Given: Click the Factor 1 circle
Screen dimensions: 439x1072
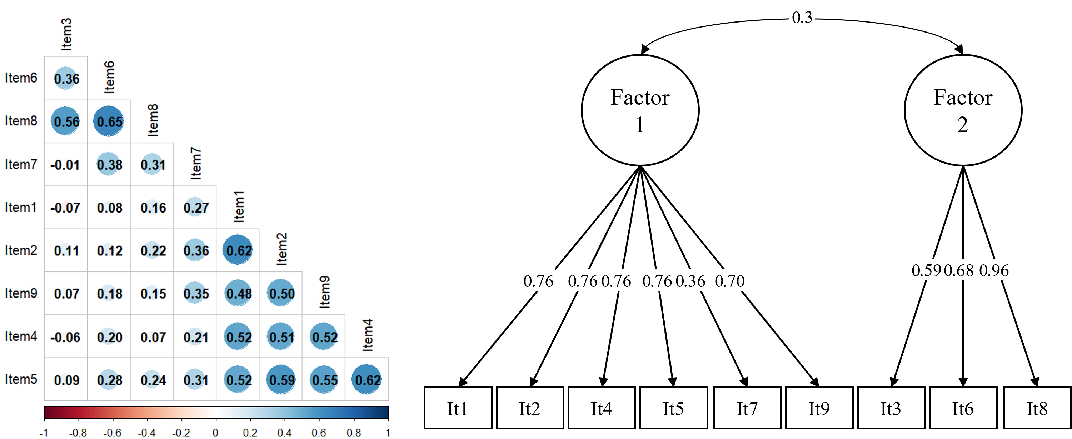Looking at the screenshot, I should [640, 110].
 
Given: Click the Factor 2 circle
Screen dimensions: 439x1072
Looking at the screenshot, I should [963, 110].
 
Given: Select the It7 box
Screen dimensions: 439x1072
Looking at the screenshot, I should [747, 408].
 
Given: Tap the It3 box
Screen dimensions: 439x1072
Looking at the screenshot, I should [891, 408].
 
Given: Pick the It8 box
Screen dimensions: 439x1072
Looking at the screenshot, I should [1037, 408].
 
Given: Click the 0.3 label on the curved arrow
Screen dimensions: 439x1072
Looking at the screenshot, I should [802, 18].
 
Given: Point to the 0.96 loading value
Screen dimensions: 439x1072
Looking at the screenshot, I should [994, 270].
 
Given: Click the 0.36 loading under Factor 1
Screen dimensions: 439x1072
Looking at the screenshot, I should [690, 281].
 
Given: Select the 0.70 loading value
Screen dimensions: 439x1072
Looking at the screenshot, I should [729, 281].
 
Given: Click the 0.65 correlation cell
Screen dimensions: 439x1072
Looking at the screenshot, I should [109, 121].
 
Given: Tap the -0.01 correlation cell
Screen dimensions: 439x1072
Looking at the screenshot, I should [65, 165].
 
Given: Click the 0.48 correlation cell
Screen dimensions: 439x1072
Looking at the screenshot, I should [239, 294].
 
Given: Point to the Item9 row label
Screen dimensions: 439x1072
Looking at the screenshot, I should [21, 293].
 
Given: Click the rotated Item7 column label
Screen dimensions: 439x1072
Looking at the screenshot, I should [196, 163].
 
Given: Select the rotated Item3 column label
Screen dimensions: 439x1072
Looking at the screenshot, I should [66, 34].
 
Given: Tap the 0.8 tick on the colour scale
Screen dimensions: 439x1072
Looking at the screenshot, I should [353, 433].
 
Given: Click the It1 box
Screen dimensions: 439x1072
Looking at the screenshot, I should [457, 408].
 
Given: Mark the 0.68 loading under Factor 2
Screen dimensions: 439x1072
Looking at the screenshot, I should [959, 270].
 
